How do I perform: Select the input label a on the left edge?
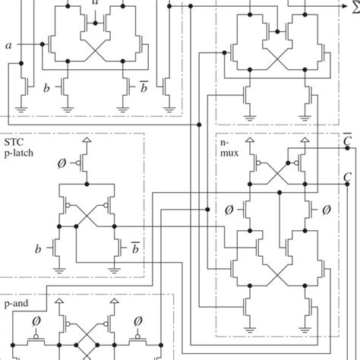tap(8, 46)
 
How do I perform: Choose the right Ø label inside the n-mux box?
tap(327, 207)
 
